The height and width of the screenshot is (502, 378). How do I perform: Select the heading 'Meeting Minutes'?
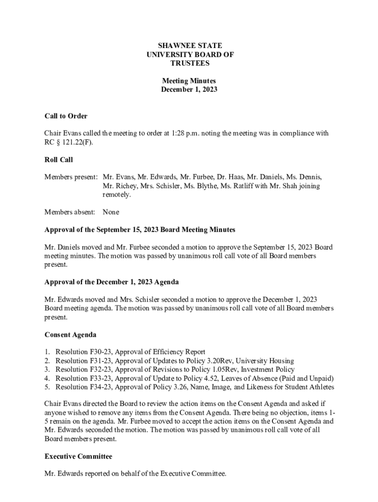click(189, 81)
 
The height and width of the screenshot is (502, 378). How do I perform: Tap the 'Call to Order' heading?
click(66, 116)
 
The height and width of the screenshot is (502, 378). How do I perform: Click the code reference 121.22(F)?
click(76, 142)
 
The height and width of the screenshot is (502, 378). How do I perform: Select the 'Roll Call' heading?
click(58, 160)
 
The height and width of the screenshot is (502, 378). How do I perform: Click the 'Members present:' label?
click(71, 177)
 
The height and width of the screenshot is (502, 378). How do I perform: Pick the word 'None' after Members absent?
click(111, 212)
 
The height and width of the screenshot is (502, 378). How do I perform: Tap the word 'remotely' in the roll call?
click(116, 195)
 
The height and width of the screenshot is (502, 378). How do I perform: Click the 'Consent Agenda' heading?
click(70, 335)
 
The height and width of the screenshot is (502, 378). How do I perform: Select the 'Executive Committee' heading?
click(78, 456)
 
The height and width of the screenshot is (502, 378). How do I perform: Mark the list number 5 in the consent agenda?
click(47, 387)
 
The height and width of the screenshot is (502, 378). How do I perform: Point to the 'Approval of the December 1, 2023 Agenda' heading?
click(111, 282)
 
